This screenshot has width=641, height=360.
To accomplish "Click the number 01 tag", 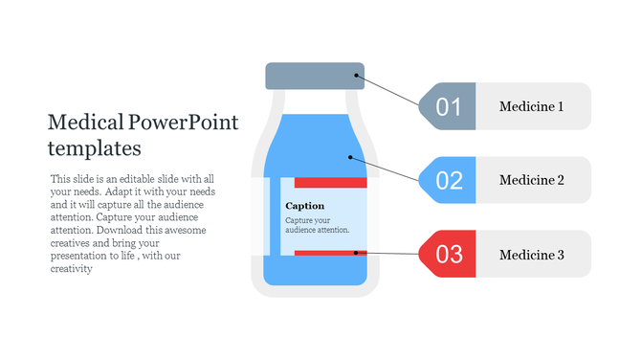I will click(448, 106).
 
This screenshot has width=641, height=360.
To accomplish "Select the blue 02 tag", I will click(448, 180).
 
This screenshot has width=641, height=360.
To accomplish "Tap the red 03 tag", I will click(448, 254).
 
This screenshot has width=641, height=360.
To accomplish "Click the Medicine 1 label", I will click(532, 106).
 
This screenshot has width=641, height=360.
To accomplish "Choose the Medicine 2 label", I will click(532, 180).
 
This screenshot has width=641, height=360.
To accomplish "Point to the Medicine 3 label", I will click(532, 255).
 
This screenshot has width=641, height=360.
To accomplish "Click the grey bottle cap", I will click(314, 77).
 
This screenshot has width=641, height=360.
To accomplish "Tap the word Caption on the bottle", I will click(305, 206).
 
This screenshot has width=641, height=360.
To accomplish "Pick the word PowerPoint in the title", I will click(185, 123).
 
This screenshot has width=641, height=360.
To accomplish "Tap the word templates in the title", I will click(94, 148).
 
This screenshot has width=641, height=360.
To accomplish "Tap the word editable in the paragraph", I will click(139, 179).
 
